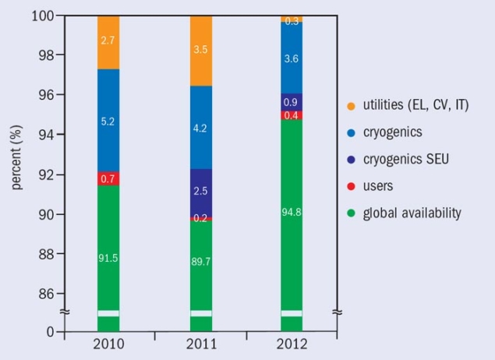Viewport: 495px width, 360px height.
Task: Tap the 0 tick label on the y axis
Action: (51, 332)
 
